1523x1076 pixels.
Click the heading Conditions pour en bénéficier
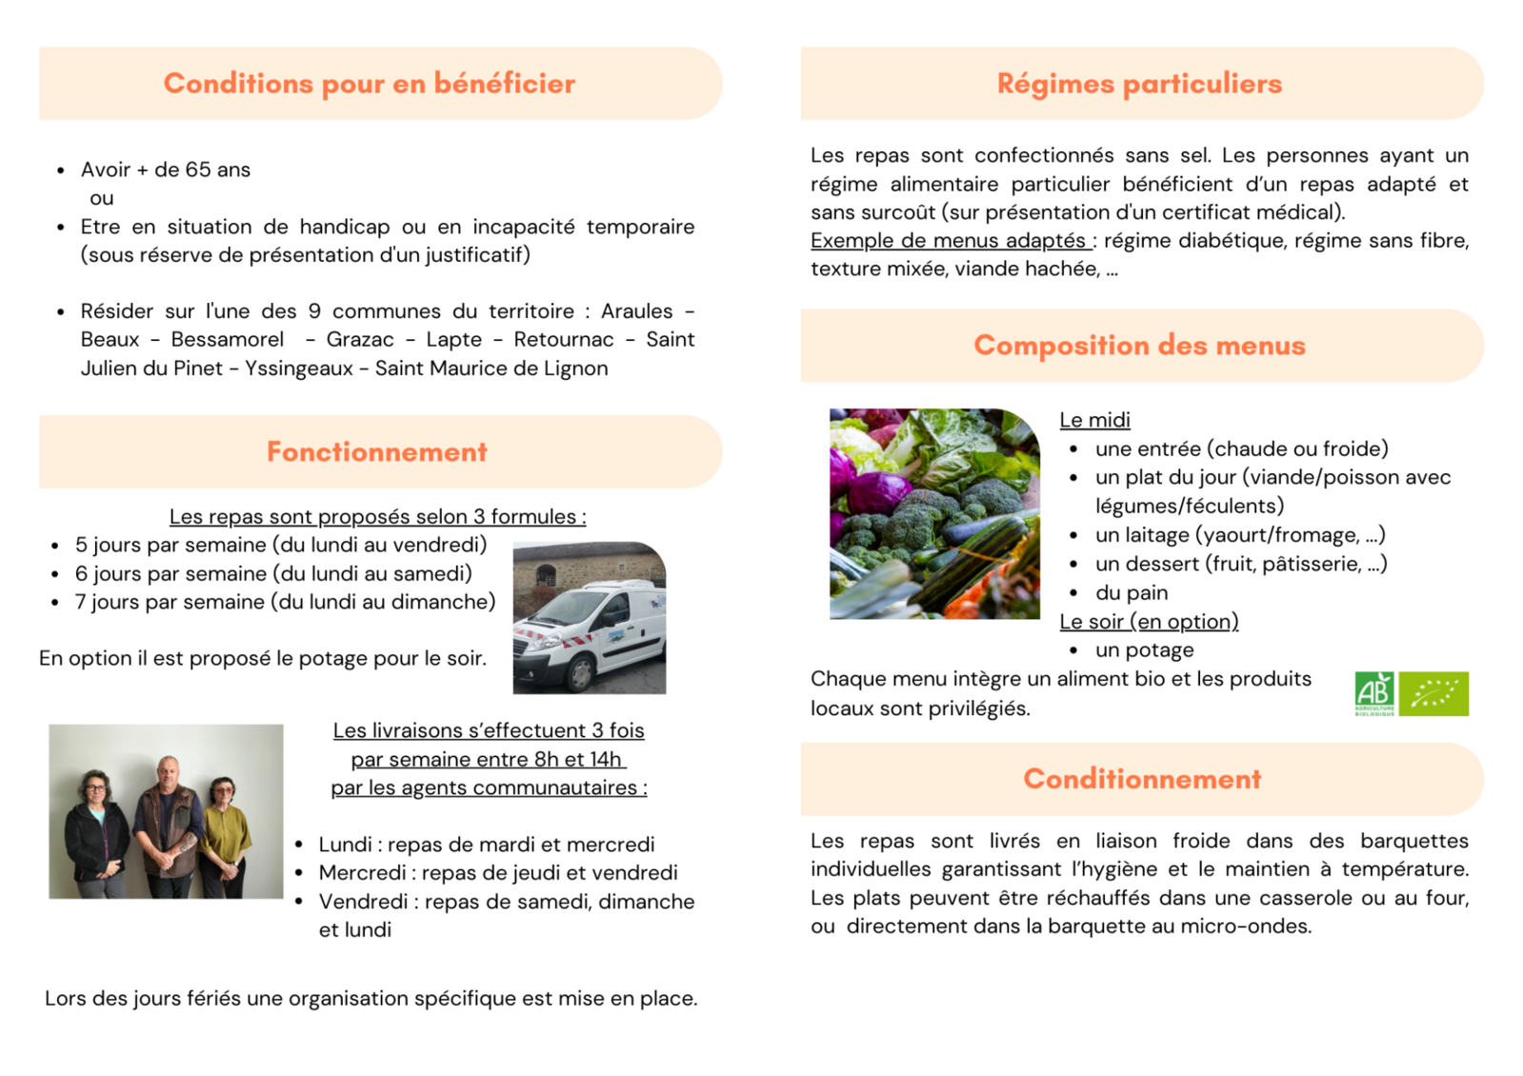coord(370,84)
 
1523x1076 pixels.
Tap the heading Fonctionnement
coord(377,451)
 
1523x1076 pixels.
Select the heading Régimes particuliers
coord(1139,84)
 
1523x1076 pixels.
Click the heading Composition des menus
coord(1139,345)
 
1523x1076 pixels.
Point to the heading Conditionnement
coord(1142,779)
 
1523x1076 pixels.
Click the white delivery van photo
coord(589,619)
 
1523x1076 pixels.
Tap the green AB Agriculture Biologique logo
coord(1373,693)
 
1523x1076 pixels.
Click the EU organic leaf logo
coord(1434,693)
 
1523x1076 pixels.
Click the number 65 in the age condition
coord(198,169)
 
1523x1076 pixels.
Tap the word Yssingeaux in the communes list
coord(298,369)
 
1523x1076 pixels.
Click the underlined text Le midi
coord(1094,420)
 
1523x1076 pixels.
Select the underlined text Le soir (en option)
coord(1149,622)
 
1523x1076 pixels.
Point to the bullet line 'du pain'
coord(1132,593)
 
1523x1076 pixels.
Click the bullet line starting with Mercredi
coord(498,873)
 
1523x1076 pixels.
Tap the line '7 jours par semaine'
coord(285,602)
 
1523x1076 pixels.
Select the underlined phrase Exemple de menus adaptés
coord(950,241)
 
